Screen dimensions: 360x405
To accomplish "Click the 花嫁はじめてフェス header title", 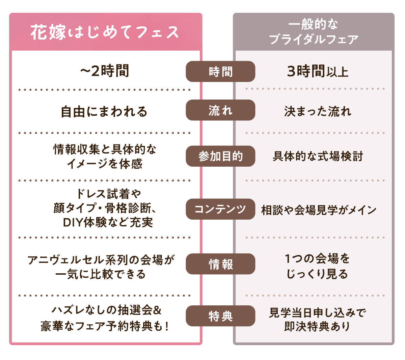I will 105,32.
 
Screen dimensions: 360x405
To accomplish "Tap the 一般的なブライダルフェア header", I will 314,32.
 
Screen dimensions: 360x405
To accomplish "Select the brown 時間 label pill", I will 220,72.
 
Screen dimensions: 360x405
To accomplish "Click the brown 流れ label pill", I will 220,110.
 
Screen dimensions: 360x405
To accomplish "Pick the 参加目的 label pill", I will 220,156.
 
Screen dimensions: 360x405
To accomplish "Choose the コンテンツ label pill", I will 220,209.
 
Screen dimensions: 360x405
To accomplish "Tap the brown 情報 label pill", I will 220,264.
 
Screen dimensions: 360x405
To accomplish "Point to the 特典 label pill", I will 220,316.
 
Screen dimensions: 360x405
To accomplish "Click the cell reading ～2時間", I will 105,71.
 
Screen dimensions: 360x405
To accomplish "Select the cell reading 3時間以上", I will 317,72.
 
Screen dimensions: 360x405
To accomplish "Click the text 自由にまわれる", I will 104,111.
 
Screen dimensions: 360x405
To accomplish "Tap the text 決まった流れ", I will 318,111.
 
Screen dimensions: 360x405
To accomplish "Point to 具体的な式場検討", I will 318,156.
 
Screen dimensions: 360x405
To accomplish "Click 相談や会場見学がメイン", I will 319,210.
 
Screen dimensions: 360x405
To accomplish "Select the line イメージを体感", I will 105,164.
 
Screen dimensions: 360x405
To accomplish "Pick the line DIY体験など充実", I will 108,222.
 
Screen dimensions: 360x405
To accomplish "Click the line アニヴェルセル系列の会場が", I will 101,260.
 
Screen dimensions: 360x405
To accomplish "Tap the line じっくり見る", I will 317,274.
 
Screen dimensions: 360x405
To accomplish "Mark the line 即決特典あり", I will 317,326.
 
